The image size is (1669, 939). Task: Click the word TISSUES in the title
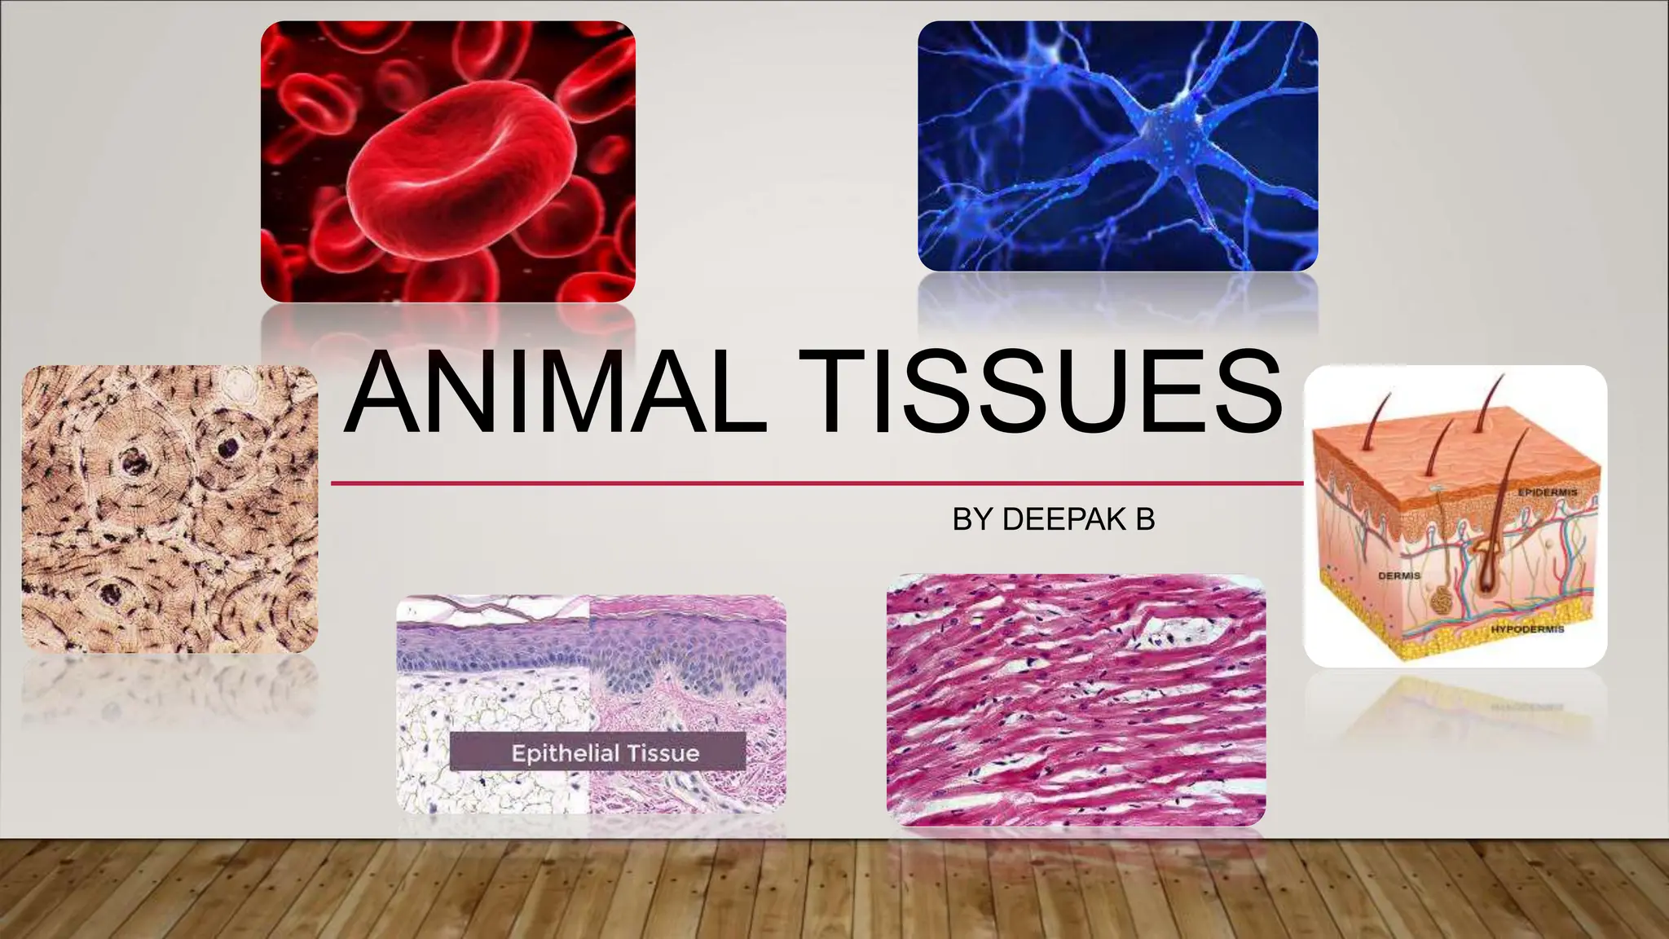(x=1039, y=393)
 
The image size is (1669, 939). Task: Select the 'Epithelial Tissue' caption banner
(x=597, y=752)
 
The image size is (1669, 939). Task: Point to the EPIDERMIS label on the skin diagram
(x=1546, y=492)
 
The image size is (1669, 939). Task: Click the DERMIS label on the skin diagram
(x=1398, y=575)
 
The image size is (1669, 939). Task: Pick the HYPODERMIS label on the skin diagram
(x=1526, y=629)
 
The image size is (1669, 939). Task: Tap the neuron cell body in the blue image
(x=1157, y=130)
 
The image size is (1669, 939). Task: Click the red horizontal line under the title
(x=815, y=483)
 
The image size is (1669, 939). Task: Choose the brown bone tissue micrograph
(x=170, y=509)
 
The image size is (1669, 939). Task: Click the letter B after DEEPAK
(x=1145, y=519)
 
